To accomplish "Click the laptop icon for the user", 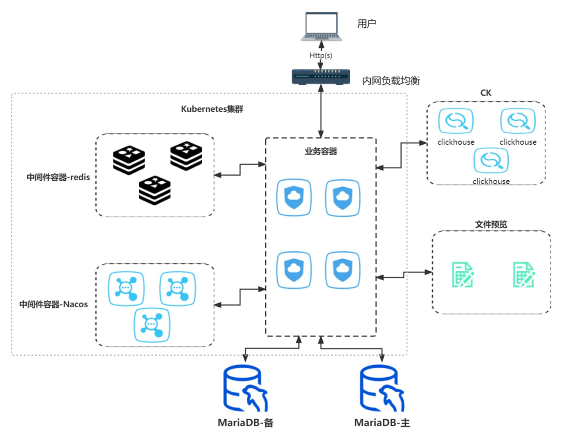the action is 321,27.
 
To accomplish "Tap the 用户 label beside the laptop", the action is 367,24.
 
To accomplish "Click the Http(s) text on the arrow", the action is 321,55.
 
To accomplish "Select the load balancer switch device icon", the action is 321,77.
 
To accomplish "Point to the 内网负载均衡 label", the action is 391,80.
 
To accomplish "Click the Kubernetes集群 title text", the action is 212,109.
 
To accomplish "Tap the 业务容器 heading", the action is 321,152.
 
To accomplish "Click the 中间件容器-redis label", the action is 58,177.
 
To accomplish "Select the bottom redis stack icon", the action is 155,190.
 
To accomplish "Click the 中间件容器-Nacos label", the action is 54,305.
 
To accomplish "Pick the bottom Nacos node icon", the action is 152,325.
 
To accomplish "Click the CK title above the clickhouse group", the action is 486,93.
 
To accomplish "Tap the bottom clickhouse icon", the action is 491,160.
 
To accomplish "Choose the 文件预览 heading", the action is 491,225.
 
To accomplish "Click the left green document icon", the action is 463,275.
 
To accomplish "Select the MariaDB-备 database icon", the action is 245,388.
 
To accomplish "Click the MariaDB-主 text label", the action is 382,423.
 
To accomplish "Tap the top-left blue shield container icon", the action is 294,197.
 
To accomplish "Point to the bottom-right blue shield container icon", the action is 343,270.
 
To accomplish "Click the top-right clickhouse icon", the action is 518,121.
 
